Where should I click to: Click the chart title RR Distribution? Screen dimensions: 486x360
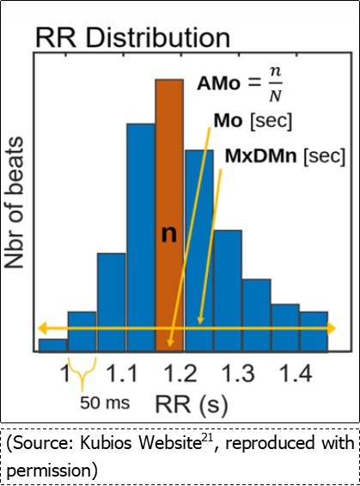[x=132, y=38]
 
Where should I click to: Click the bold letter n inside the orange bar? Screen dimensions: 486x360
[x=169, y=234]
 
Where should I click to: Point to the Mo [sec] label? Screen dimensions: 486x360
[x=252, y=121]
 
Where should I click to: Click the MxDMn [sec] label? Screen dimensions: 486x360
[x=272, y=156]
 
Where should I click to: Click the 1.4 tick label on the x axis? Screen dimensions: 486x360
[x=295, y=374]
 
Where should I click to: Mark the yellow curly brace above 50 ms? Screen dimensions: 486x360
[x=82, y=374]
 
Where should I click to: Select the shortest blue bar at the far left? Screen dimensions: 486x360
[x=52, y=344]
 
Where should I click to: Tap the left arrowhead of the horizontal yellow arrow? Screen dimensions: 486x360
[x=40, y=329]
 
